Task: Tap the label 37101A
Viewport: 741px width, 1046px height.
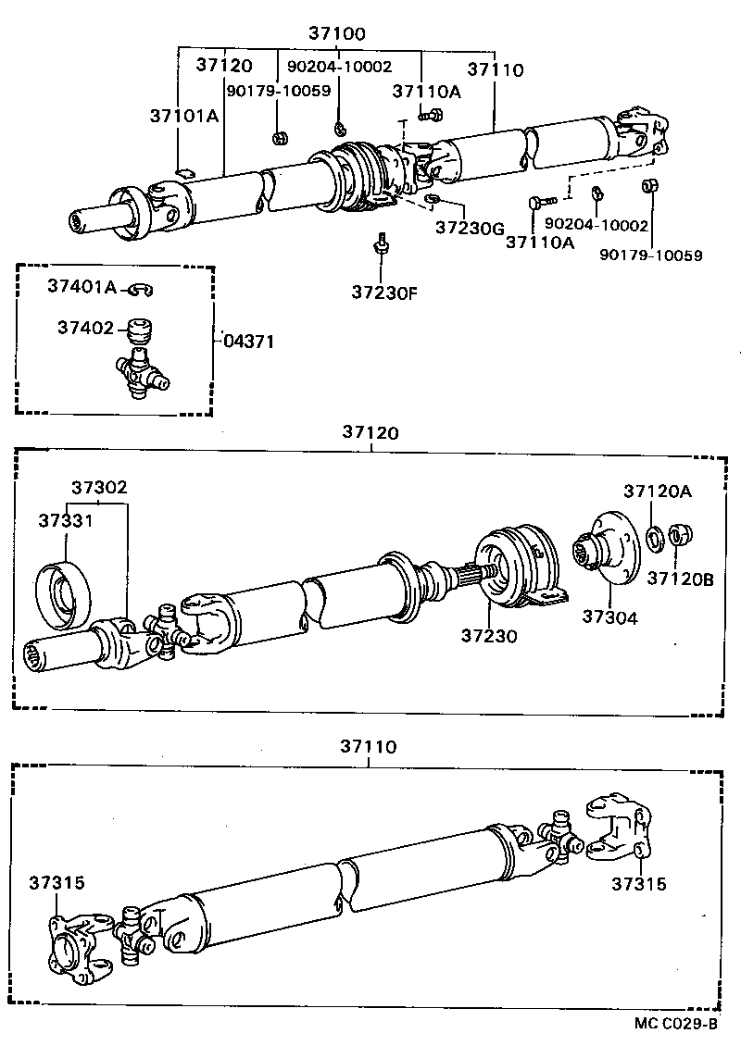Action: pyautogui.click(x=184, y=116)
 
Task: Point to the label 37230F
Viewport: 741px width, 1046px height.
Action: pyautogui.click(x=384, y=293)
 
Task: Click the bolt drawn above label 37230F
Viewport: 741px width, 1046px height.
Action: pyautogui.click(x=380, y=244)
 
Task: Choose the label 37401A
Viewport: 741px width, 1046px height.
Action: pyautogui.click(x=83, y=288)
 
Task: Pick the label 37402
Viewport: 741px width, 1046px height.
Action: pyautogui.click(x=85, y=328)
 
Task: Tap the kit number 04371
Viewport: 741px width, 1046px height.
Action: pyautogui.click(x=249, y=341)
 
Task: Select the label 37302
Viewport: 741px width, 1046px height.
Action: pyautogui.click(x=99, y=487)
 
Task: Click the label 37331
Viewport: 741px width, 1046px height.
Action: pyautogui.click(x=66, y=520)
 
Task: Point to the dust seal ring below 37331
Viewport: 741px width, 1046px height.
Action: pyautogui.click(x=63, y=592)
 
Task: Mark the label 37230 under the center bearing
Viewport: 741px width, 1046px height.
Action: pyautogui.click(x=490, y=636)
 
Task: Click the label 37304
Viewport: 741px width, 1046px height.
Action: pyautogui.click(x=609, y=616)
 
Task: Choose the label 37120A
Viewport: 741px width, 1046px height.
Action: pyautogui.click(x=657, y=492)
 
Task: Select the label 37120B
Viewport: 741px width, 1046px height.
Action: pyautogui.click(x=681, y=579)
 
